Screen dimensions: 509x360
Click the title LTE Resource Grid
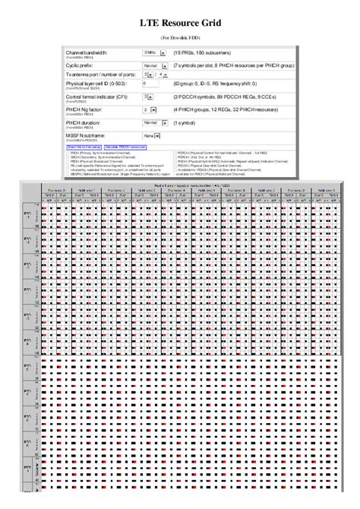click(180, 24)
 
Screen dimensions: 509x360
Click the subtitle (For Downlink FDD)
click(180, 36)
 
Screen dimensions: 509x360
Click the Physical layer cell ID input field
click(154, 84)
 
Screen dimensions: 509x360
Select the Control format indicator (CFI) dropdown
click(149, 97)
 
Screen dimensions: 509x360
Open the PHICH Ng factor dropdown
click(149, 109)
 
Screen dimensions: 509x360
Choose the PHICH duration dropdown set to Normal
click(155, 122)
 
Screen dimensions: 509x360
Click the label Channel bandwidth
click(87, 52)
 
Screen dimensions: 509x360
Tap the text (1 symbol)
click(186, 122)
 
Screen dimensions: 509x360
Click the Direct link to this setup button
click(84, 146)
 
